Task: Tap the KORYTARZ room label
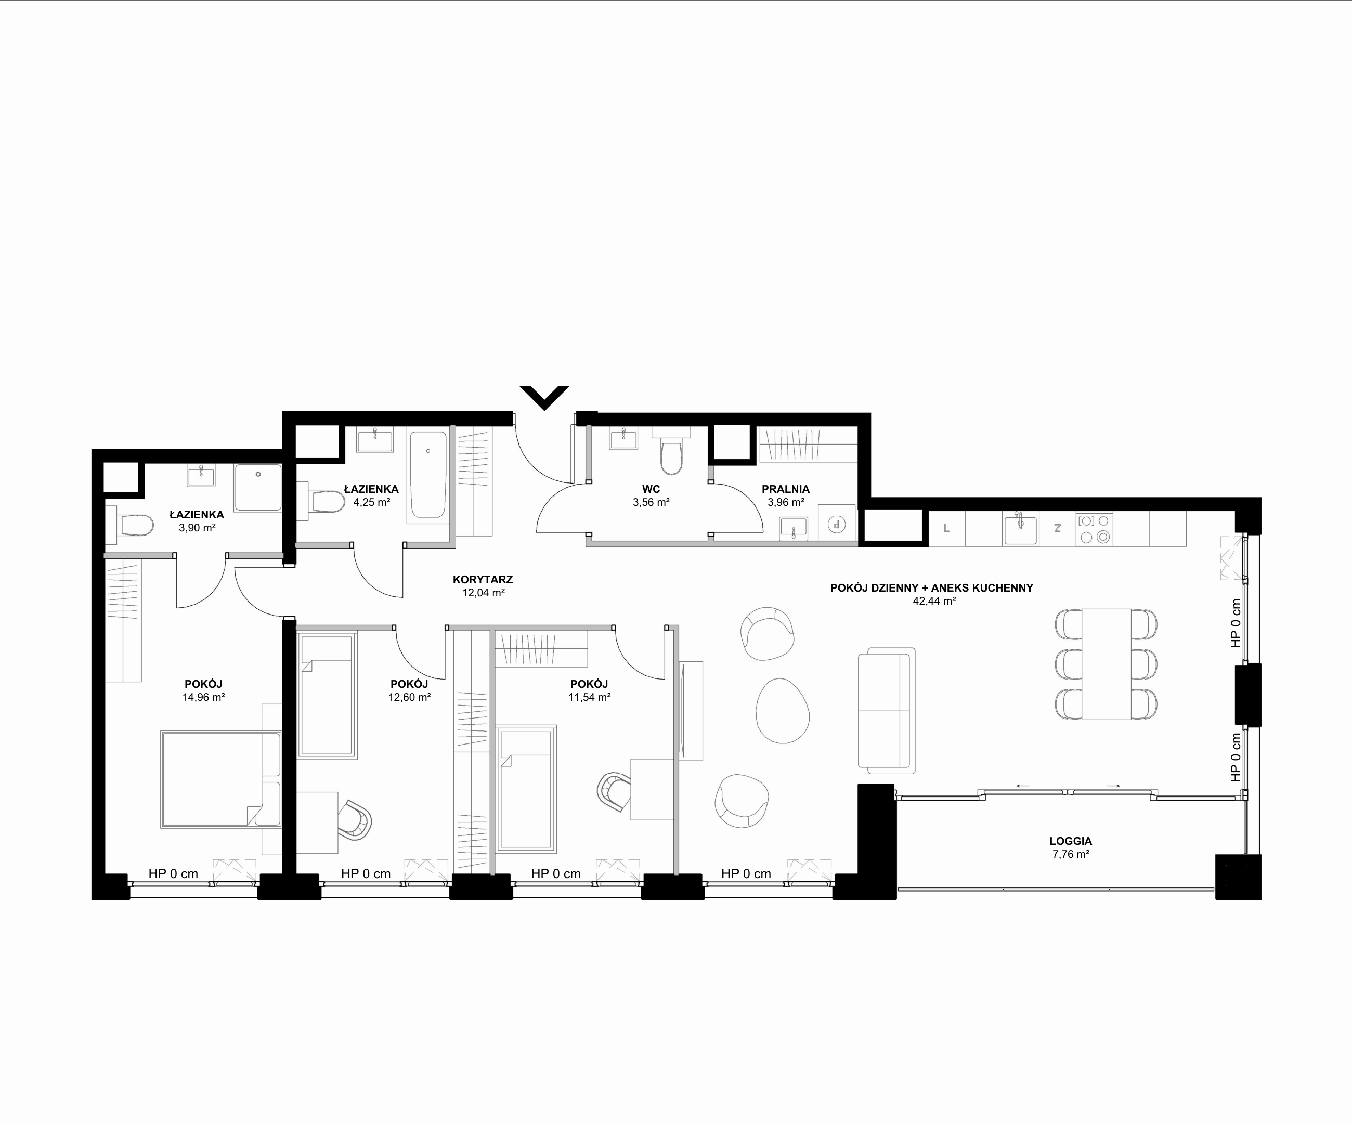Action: [x=483, y=580]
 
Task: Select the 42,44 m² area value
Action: [x=934, y=601]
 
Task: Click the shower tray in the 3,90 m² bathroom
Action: [x=257, y=488]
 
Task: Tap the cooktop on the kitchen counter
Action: [x=1095, y=528]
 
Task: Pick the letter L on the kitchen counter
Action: [x=946, y=528]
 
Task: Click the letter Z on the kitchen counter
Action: [x=1057, y=528]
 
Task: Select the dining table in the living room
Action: [x=1106, y=663]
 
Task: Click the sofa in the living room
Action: [x=887, y=710]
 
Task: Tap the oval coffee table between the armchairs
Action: [x=782, y=711]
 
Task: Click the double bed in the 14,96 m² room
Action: [x=221, y=779]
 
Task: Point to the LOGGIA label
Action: [x=1071, y=841]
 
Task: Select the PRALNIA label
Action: [x=785, y=489]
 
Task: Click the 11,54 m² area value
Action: [x=589, y=697]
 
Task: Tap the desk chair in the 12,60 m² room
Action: [x=355, y=820]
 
